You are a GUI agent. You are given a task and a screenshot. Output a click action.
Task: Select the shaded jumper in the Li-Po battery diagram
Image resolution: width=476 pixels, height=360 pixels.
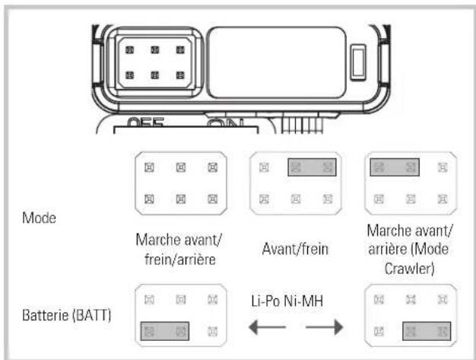click(x=164, y=330)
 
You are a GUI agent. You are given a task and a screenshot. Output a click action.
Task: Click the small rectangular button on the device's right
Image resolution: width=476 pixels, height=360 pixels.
click(x=359, y=64)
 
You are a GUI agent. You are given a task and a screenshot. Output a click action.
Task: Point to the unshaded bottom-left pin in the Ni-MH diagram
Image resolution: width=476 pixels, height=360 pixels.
click(x=378, y=330)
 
